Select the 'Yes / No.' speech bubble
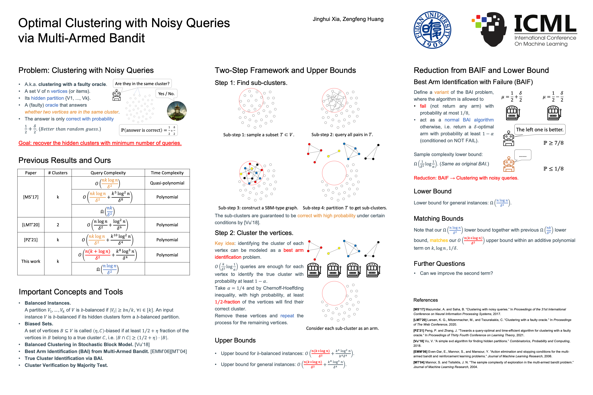click(166, 94)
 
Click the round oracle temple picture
click(177, 111)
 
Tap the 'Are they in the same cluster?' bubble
click(142, 84)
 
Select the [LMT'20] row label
click(31, 225)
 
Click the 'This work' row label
click(31, 261)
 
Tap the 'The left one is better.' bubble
click(540, 130)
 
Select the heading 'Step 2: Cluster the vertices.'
click(254, 233)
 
